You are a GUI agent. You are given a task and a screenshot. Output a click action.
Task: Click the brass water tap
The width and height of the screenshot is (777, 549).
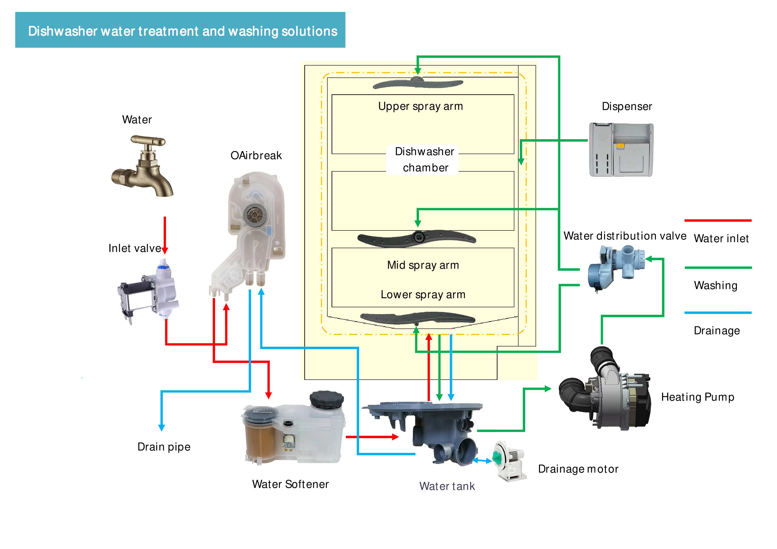144,166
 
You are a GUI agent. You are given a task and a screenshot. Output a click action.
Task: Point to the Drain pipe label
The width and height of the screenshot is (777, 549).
164,447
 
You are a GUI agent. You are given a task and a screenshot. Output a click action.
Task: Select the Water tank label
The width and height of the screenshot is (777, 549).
447,486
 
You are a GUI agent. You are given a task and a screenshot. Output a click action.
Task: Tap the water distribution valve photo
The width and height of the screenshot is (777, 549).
614,267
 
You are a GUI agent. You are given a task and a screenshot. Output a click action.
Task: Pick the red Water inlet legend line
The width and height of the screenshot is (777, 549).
718,220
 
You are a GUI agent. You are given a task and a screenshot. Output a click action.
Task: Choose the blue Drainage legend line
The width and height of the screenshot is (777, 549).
718,313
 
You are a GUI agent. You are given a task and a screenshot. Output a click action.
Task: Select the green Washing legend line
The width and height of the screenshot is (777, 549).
718,268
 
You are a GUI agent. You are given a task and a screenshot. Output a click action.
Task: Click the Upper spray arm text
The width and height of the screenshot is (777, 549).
420,106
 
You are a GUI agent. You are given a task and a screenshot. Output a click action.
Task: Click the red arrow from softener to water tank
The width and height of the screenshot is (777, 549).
372,437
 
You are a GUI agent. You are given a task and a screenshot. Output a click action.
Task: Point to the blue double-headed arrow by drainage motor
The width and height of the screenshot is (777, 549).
482,461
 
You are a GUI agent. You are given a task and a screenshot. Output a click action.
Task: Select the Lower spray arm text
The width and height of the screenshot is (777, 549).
423,295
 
